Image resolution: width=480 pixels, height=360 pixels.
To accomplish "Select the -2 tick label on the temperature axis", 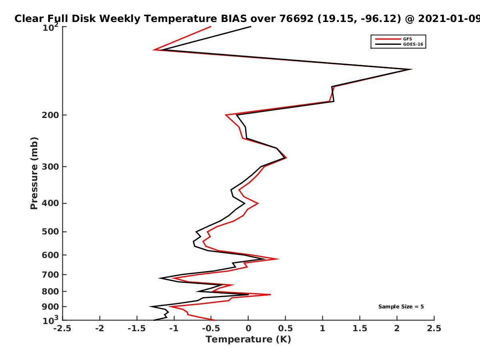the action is (100, 328).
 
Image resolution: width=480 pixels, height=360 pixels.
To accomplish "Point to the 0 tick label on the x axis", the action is (248, 328).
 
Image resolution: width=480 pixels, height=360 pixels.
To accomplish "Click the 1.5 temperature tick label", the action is (360, 328).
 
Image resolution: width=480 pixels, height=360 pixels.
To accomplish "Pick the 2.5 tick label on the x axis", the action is (434, 328).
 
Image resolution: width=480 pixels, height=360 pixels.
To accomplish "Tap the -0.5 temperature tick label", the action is (211, 328).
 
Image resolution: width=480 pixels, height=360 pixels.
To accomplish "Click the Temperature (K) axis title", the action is (248, 339).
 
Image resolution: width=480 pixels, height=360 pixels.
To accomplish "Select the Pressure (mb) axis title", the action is (34, 173).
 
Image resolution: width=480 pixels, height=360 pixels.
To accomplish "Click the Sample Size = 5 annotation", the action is (401, 306).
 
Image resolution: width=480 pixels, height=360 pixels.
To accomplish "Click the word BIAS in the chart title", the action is (234, 19).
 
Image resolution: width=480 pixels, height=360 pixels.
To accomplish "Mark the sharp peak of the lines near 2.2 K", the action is (412, 69).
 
